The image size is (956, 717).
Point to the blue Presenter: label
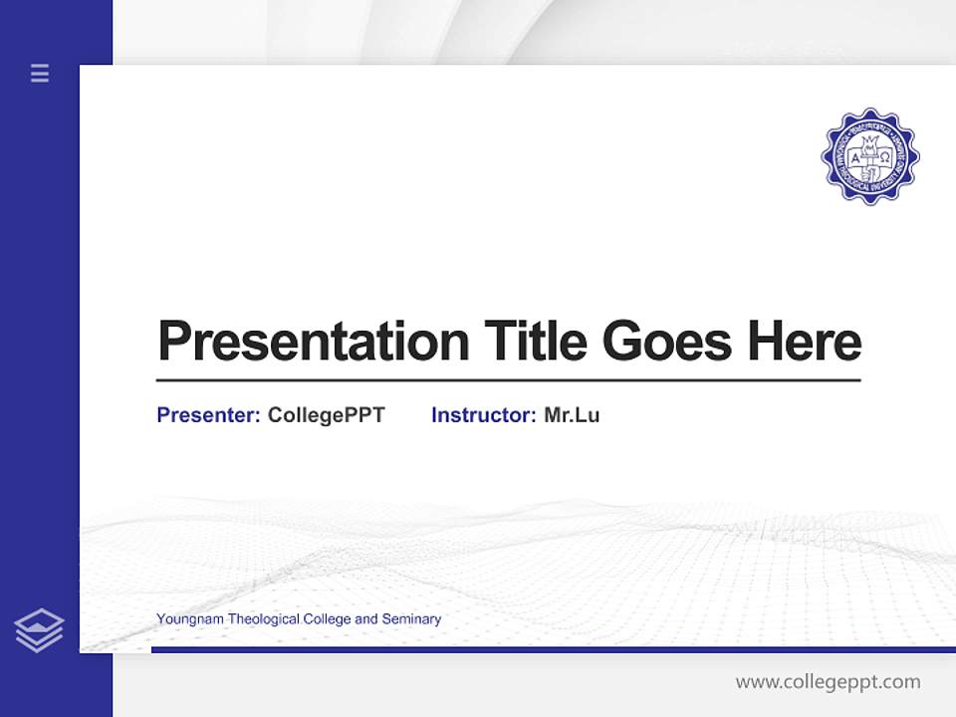[208, 415]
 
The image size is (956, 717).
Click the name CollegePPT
[326, 415]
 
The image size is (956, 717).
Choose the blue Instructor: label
[483, 415]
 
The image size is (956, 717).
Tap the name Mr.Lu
[572, 415]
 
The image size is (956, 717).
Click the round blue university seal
[869, 155]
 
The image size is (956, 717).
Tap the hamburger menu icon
[40, 73]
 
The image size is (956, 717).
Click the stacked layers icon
[39, 630]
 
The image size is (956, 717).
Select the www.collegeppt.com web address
[828, 682]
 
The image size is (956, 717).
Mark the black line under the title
[508, 379]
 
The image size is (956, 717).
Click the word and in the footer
[365, 619]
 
